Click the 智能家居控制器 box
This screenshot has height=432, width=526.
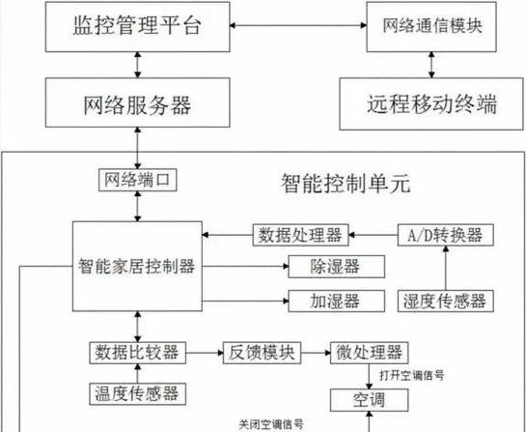(138, 264)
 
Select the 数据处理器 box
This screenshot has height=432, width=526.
(300, 234)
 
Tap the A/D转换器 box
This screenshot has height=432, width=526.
(445, 234)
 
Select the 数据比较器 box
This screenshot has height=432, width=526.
(136, 350)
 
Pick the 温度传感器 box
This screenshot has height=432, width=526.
(135, 392)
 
